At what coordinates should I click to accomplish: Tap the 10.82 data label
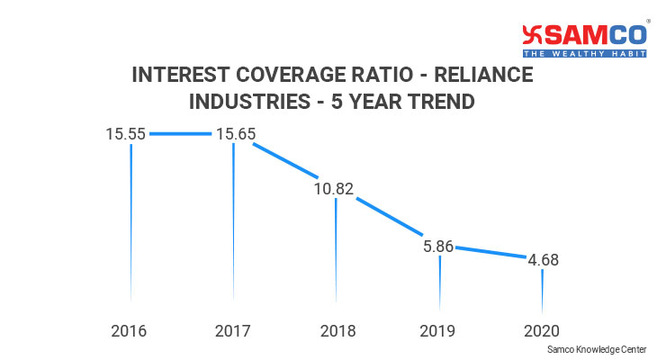click(336, 189)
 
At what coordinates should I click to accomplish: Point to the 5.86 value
click(439, 245)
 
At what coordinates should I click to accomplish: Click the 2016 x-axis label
click(129, 330)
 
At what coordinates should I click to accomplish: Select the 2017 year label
click(233, 330)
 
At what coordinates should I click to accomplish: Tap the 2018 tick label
click(337, 330)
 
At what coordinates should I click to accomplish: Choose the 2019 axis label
click(439, 330)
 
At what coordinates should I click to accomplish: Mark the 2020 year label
click(543, 330)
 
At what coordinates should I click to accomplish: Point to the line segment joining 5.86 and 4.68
click(491, 253)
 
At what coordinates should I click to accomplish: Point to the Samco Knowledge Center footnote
click(602, 347)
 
